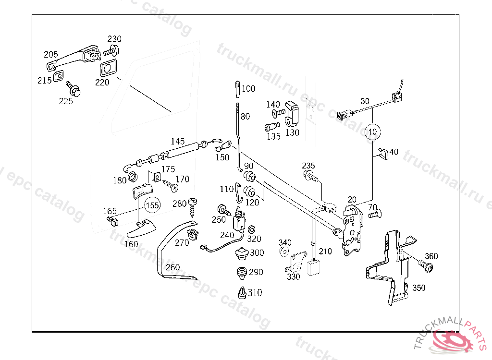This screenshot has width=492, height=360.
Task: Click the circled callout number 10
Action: [x=372, y=132]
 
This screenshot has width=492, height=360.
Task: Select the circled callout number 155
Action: [x=152, y=205]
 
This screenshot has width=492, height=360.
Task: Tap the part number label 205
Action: [x=51, y=55]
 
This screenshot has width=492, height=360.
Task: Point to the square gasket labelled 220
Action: [x=108, y=68]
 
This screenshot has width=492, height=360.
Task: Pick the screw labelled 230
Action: [x=111, y=50]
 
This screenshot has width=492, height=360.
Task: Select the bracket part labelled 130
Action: [x=291, y=113]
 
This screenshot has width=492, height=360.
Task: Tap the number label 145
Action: [x=178, y=142]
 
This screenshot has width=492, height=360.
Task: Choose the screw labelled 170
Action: [x=171, y=185]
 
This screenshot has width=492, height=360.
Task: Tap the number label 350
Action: [x=419, y=288]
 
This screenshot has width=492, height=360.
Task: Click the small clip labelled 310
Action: [x=242, y=293]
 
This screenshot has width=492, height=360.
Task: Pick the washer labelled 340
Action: [x=284, y=252]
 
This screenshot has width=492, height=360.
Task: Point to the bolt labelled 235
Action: [x=311, y=176]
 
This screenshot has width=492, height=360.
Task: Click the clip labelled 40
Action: [x=383, y=153]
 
